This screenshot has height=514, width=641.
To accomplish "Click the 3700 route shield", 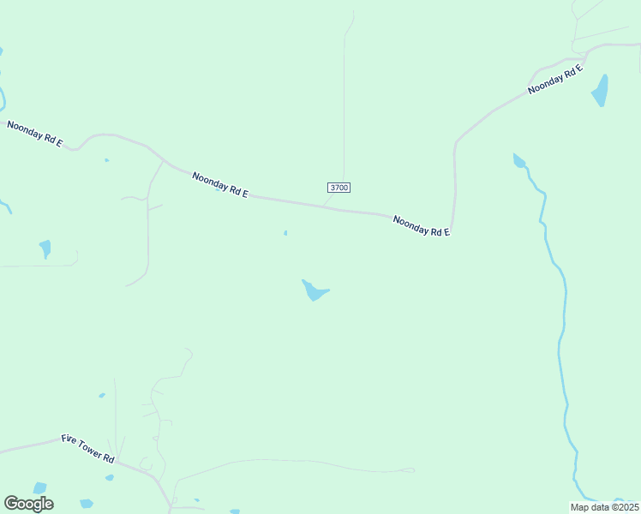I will pyautogui.click(x=339, y=188).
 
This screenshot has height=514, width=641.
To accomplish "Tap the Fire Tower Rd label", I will pyautogui.click(x=87, y=448).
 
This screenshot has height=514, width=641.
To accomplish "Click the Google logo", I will pyautogui.click(x=28, y=504).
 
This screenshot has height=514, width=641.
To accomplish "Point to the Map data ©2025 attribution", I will pyautogui.click(x=604, y=506).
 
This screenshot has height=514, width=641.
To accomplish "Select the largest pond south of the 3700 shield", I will pyautogui.click(x=315, y=291).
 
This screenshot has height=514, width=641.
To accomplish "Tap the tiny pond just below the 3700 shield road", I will pyautogui.click(x=285, y=232).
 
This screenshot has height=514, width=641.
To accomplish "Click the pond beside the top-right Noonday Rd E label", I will pyautogui.click(x=601, y=91).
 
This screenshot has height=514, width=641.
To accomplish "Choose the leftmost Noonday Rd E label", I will pyautogui.click(x=34, y=133).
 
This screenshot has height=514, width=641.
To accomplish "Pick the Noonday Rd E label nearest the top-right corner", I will pyautogui.click(x=555, y=78).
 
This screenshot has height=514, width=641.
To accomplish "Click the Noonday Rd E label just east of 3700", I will pyautogui.click(x=422, y=226).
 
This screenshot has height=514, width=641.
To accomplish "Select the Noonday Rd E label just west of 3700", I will pyautogui.click(x=220, y=185).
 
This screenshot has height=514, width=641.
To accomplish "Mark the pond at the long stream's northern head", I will pyautogui.click(x=518, y=160).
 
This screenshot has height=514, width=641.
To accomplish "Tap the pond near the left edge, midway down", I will pyautogui.click(x=45, y=248).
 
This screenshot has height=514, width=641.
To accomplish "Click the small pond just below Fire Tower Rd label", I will pyautogui.click(x=110, y=477).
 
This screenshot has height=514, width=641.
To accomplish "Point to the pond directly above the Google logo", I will pyautogui.click(x=39, y=487).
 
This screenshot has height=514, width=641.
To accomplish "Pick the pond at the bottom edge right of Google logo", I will pyautogui.click(x=86, y=504).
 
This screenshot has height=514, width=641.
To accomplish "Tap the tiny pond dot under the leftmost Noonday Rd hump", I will pyautogui.click(x=106, y=160).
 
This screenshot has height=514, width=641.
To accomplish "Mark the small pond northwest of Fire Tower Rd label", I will pyautogui.click(x=102, y=395).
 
